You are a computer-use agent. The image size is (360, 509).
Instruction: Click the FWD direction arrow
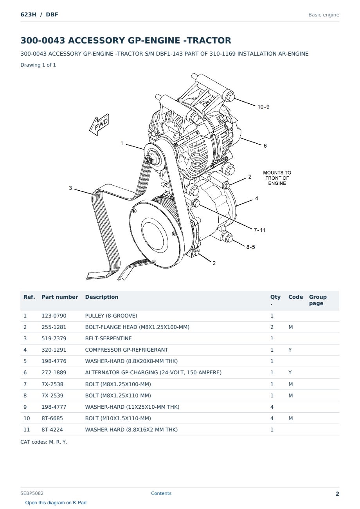click(x=99, y=125)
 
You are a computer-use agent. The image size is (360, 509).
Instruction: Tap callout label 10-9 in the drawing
click(x=263, y=107)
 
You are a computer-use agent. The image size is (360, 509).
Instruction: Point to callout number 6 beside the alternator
click(x=265, y=146)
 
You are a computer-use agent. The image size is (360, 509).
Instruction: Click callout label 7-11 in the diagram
click(x=259, y=230)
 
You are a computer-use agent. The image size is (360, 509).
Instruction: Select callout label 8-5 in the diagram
click(x=250, y=247)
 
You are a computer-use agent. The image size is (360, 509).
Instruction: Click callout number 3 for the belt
click(x=70, y=188)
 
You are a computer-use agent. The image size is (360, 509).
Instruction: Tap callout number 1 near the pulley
click(x=122, y=143)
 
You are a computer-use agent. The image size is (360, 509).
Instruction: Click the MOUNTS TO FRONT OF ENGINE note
click(x=277, y=178)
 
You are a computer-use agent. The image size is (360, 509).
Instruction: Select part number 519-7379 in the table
click(x=54, y=338)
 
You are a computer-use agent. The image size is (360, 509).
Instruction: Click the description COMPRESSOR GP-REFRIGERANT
click(x=126, y=350)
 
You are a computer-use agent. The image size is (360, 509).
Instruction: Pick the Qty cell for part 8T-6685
click(x=272, y=418)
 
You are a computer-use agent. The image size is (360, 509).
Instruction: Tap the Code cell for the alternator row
click(x=290, y=372)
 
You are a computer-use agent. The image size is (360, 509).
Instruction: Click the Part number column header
click(x=60, y=297)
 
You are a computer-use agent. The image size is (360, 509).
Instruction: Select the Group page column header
click(x=318, y=300)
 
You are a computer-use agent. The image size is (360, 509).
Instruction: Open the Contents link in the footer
click(x=161, y=493)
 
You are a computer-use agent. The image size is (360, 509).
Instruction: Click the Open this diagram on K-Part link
click(x=56, y=503)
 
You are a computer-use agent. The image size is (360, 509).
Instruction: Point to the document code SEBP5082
click(x=32, y=493)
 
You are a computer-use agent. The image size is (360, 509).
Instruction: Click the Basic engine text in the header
click(x=324, y=15)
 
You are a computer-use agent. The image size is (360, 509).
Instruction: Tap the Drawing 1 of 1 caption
click(x=38, y=65)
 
